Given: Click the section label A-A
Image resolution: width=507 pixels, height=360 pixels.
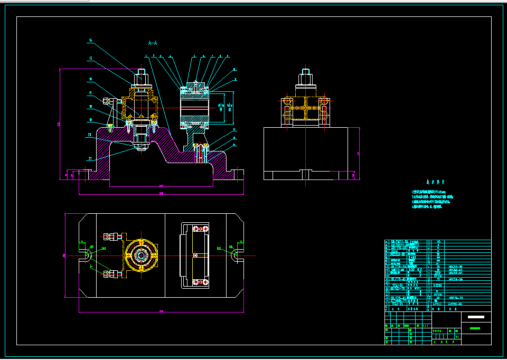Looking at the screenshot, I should pos(153,42).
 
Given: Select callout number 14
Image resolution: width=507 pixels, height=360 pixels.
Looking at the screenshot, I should pos(91,40).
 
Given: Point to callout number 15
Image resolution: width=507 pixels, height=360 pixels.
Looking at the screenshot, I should pos(91,58).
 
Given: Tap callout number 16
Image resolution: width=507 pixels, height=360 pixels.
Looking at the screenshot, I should pos(91,79).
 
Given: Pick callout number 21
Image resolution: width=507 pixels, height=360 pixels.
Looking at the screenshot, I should pos(91,158).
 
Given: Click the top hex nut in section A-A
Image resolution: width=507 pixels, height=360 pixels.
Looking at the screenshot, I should pos(141,80).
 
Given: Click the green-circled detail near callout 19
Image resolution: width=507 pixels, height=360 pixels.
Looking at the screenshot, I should pos(110,127).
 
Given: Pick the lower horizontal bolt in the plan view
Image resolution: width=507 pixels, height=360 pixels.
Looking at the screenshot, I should pos(112,273).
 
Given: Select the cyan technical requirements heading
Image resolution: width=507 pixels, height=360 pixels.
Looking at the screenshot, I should pos(433,179).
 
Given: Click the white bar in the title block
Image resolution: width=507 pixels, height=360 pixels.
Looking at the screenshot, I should pos(476,317).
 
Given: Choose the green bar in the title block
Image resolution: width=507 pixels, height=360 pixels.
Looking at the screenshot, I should pos(476,328).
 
